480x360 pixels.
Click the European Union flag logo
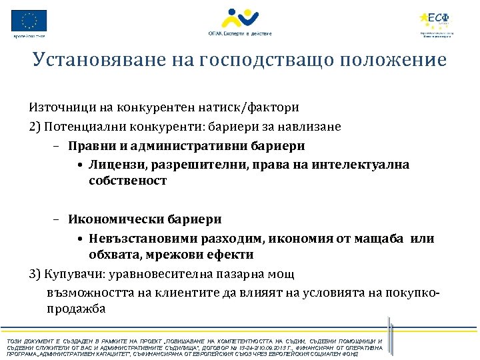click(29, 20)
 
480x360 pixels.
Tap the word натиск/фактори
click(253, 107)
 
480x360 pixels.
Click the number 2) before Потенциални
click(35, 126)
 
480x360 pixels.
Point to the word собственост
click(127, 181)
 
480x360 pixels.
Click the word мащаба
click(378, 239)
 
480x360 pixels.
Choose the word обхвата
click(113, 255)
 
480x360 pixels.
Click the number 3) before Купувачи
click(35, 274)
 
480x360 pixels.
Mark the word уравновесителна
click(163, 274)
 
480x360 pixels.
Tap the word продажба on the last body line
click(76, 309)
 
